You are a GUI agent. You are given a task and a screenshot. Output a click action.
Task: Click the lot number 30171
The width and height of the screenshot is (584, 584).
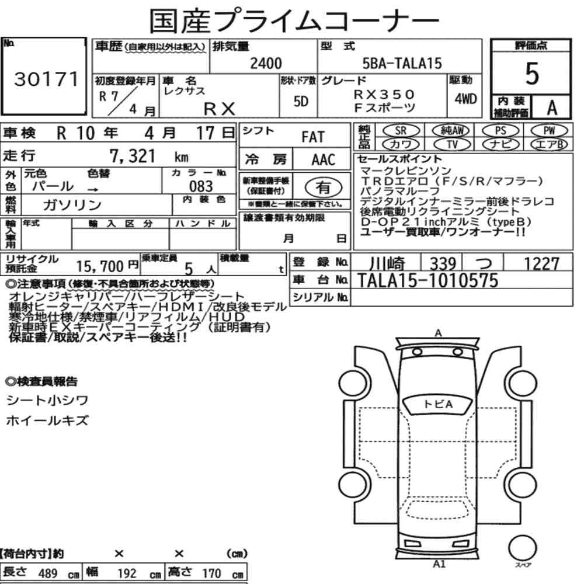[x=46, y=79]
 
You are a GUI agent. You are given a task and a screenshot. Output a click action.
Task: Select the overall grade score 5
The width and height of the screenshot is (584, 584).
[x=532, y=74]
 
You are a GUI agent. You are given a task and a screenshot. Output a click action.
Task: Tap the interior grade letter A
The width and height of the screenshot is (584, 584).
[x=552, y=107]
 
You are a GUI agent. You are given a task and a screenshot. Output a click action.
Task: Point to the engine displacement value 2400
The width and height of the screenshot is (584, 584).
[x=266, y=63]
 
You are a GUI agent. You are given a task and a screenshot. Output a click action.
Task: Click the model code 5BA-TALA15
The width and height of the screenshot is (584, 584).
[x=402, y=63]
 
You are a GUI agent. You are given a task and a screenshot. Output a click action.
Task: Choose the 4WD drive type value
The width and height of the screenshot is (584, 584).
[x=465, y=99]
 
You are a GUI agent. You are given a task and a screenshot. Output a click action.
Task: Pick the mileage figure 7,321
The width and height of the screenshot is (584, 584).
[x=132, y=156]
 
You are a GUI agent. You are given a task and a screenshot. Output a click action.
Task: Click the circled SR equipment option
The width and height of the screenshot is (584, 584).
[x=401, y=131]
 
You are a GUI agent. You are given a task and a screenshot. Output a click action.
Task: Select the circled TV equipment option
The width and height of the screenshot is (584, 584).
[x=452, y=144]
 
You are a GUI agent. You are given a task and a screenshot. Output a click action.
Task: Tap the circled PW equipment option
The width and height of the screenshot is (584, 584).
[x=550, y=131]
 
